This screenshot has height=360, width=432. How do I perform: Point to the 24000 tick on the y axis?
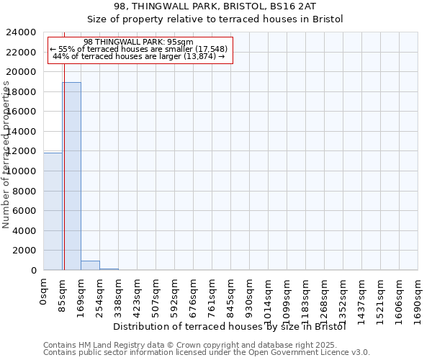[22, 32]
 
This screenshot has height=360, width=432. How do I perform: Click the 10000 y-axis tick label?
[22, 171]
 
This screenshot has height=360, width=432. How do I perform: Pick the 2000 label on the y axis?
[25, 251]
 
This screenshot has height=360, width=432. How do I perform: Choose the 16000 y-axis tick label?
[22, 112]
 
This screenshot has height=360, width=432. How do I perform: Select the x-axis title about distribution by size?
[230, 326]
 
